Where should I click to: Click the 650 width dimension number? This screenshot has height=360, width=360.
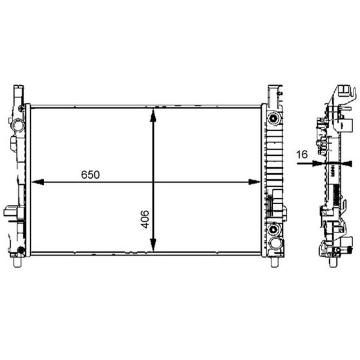coord(90,175)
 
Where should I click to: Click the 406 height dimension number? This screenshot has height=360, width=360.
coord(145,219)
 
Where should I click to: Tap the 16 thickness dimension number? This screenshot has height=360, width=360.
coord(302,154)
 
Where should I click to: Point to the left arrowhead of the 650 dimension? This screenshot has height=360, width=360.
coord(38,182)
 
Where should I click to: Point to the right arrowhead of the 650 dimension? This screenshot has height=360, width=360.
coord(255,182)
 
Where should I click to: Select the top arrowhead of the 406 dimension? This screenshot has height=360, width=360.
coord(153,115)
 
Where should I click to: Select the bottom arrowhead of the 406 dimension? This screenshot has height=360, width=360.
coord(153,245)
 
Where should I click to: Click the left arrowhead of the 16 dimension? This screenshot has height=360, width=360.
coord(319,163)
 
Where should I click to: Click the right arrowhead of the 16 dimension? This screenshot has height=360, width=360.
coord(346,163)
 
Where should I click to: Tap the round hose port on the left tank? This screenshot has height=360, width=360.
coord(17,125)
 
